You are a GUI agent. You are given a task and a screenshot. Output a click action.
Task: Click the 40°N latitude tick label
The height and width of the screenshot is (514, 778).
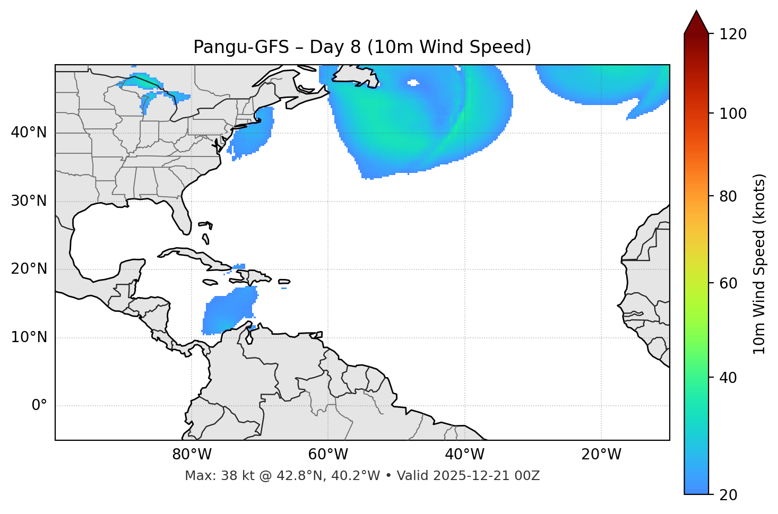click(x=29, y=133)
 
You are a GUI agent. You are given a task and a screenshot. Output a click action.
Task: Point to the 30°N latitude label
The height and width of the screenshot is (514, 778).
click(x=29, y=201)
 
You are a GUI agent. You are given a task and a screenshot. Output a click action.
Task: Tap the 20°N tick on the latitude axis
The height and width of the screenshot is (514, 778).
click(x=29, y=269)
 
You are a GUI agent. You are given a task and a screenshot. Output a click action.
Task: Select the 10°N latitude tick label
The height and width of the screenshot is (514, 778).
click(x=29, y=338)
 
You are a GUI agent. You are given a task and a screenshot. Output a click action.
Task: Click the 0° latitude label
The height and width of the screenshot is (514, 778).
click(x=39, y=406)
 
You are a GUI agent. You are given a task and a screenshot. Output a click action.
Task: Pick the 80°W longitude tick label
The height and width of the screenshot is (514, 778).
click(x=192, y=455)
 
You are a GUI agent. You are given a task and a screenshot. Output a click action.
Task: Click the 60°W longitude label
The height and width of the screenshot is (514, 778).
click(x=328, y=455)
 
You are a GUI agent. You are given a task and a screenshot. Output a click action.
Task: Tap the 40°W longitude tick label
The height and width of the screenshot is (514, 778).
click(x=464, y=455)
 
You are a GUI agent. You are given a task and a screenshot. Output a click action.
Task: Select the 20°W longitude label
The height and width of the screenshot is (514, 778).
click(x=601, y=455)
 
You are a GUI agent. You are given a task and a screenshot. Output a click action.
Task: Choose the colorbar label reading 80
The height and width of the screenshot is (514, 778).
click(x=728, y=197)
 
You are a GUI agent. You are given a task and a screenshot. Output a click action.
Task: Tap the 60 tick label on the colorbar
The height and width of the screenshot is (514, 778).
click(x=728, y=283)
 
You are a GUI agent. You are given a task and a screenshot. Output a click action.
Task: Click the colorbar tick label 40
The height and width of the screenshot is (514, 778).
click(x=728, y=378)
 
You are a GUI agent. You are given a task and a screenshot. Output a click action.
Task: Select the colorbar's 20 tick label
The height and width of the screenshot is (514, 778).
click(x=728, y=495)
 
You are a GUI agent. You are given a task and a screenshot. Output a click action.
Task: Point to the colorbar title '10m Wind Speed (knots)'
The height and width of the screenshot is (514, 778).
click(x=759, y=264)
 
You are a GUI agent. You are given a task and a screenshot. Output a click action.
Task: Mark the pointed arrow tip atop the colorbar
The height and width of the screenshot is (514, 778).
click(x=696, y=12)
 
